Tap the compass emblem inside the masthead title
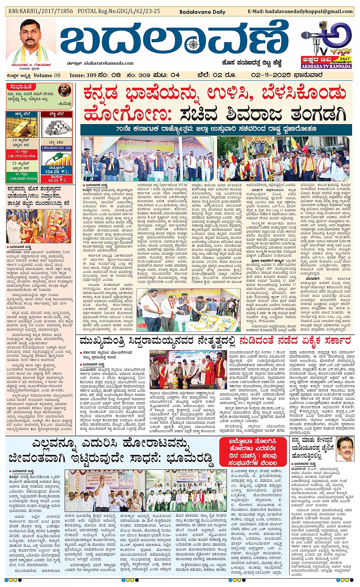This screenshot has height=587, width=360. click(194, 45)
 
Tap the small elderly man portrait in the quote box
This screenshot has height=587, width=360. click(64, 91)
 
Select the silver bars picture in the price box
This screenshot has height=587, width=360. click(58, 128)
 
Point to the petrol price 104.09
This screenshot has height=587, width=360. click(52, 172)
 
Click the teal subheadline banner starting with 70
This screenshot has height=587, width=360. click(216, 129)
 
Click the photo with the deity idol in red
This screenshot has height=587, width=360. click(38, 226)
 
